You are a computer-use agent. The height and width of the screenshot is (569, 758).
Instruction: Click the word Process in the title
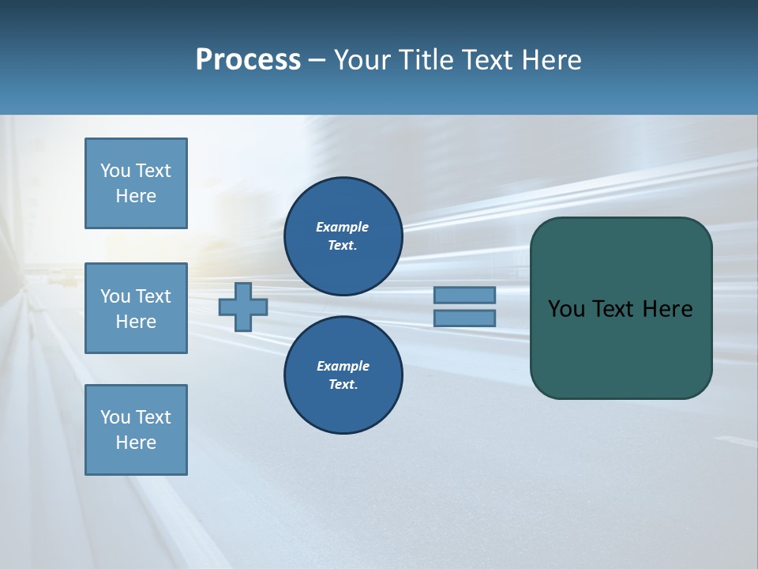pos(248,60)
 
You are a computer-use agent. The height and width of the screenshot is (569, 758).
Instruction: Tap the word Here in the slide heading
pos(552,60)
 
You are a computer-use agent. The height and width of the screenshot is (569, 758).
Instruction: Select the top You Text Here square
pos(136,183)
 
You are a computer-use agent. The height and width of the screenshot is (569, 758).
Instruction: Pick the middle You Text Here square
pos(136,308)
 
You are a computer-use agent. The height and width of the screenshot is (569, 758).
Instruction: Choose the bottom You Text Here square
pos(136,430)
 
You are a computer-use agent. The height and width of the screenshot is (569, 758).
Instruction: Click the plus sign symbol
pos(242,307)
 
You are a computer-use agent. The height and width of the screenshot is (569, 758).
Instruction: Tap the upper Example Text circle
pos(343,236)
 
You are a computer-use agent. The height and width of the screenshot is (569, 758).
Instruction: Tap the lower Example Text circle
pos(343,375)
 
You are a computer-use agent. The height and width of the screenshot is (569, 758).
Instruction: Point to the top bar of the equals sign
pos(465,295)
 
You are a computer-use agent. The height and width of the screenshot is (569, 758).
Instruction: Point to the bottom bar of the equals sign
pos(465,318)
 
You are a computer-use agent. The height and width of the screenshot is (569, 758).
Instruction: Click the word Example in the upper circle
pos(342,227)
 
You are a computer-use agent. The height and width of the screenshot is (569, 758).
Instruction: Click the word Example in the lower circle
pos(343,366)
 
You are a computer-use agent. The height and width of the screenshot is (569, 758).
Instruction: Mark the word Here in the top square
pos(136,196)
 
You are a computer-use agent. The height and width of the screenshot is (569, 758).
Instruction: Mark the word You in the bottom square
pos(115,417)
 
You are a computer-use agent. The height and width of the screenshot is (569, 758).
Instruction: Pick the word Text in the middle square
pos(152,296)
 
